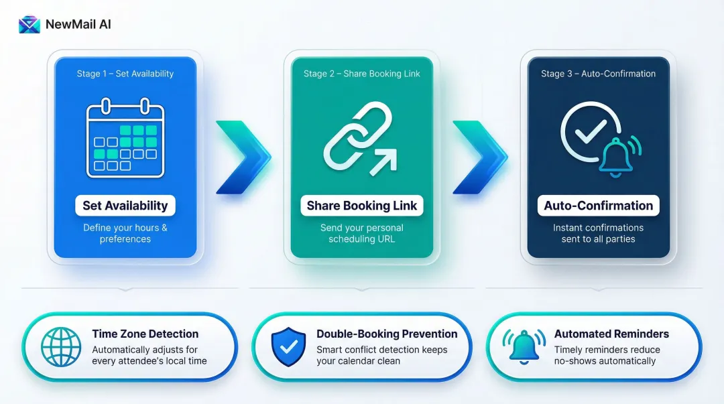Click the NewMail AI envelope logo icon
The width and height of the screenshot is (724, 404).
pyautogui.click(x=29, y=25)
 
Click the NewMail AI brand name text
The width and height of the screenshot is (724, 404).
pyautogui.click(x=78, y=25)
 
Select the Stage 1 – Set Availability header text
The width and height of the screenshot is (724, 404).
pyautogui.click(x=125, y=74)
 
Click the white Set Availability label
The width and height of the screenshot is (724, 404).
pyautogui.click(x=125, y=206)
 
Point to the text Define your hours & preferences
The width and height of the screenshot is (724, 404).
pyautogui.click(x=125, y=233)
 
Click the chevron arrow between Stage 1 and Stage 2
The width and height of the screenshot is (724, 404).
pyautogui.click(x=242, y=157)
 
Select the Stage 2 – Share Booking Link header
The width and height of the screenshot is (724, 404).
pyautogui.click(x=362, y=74)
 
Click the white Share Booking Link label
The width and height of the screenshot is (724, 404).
pyautogui.click(x=362, y=206)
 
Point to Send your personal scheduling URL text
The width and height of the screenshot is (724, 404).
pyautogui.click(x=362, y=233)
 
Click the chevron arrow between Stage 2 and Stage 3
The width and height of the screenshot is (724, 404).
pyautogui.click(x=479, y=157)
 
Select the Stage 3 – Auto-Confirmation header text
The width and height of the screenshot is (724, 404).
pyautogui.click(x=598, y=74)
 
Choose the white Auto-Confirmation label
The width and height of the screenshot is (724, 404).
pyautogui.click(x=598, y=206)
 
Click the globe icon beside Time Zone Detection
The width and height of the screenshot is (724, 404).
pyautogui.click(x=61, y=347)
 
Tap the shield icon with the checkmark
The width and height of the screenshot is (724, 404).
pyautogui.click(x=288, y=347)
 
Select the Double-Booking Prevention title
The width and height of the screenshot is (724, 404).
pyautogui.click(x=387, y=334)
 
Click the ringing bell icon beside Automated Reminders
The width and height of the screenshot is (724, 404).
pyautogui.click(x=524, y=347)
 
